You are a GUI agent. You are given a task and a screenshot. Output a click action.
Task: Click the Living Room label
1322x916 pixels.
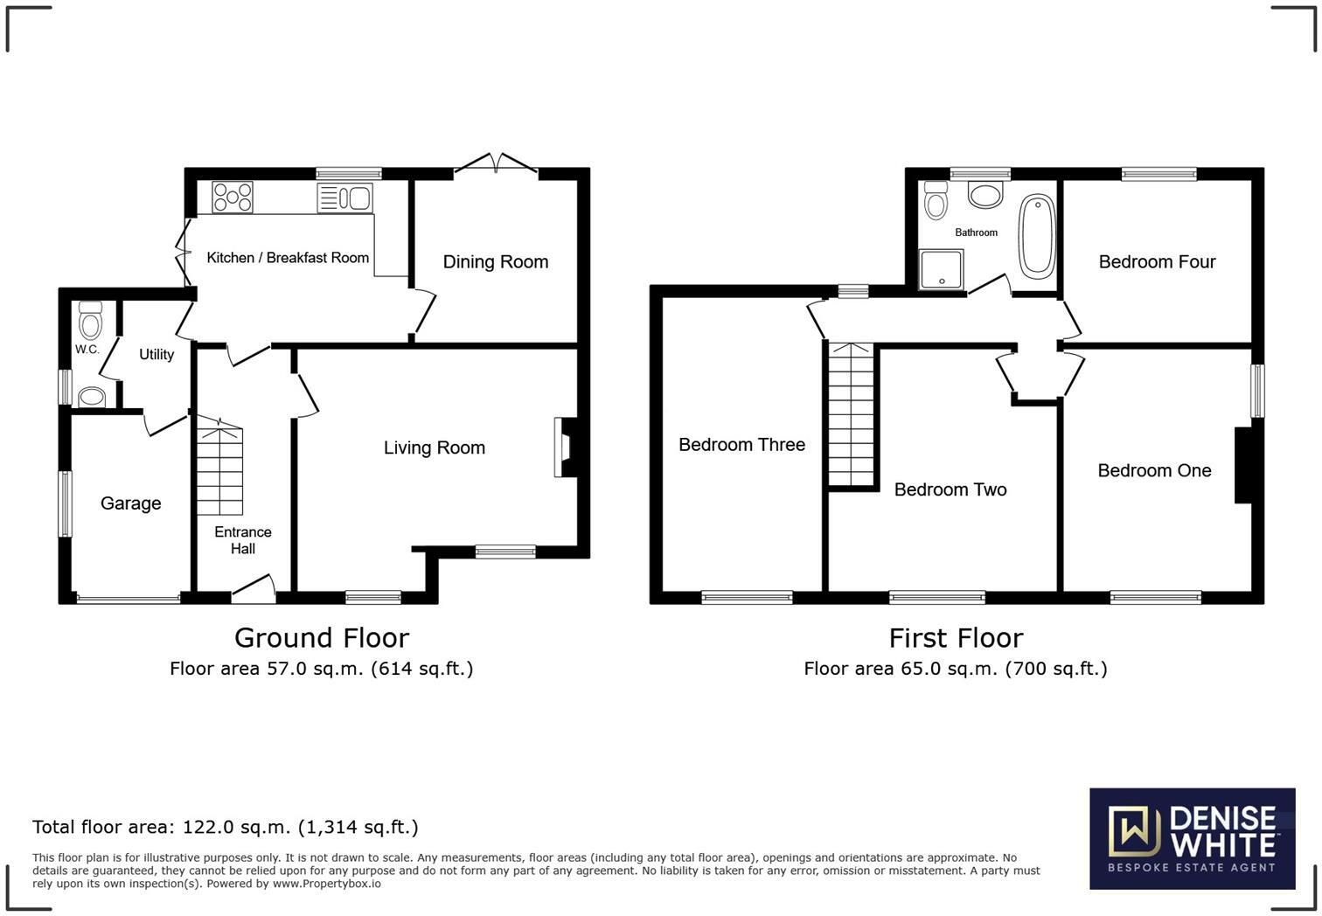pos(434,448)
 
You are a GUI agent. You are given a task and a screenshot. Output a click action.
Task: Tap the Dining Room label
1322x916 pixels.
pos(495,261)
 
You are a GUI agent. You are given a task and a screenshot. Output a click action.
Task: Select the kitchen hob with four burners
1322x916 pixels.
pos(232,197)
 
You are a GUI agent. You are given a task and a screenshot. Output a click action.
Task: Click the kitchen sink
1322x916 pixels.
pos(345,198)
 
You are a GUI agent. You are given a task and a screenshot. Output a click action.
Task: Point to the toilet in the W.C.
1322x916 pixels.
pos(89,321)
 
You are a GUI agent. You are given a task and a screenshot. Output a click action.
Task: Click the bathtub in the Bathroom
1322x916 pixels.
pos(1038,236)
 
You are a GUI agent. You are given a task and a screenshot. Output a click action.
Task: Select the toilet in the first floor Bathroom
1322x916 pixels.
pos(936,200)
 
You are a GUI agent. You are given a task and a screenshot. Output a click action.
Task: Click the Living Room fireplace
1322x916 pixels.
pos(563,448)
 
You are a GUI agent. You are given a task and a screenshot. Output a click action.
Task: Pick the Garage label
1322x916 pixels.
pos(130,503)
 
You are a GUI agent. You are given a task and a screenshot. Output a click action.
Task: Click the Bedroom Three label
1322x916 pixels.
pos(741,445)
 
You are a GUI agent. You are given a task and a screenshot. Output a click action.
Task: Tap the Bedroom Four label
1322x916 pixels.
pos(1157,261)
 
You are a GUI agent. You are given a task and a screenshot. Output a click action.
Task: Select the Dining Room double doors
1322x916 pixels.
pos(496,165)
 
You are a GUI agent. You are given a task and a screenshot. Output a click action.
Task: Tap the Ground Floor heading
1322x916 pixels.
pos(321,638)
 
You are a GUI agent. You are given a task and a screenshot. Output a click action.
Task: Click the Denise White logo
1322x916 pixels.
pos(1192,839)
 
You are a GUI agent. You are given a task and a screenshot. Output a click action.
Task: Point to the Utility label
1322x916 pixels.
pos(157,354)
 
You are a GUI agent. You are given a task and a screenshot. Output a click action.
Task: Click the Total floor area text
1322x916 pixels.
pos(225,827)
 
